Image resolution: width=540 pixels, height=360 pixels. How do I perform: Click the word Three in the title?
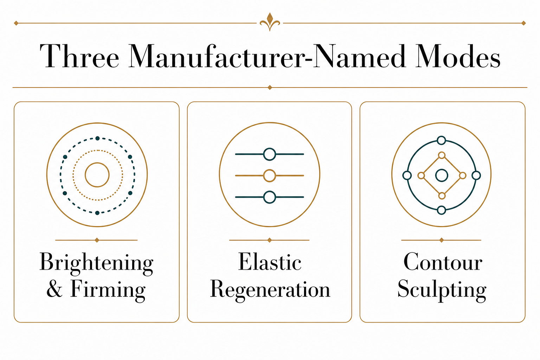pos(79,56)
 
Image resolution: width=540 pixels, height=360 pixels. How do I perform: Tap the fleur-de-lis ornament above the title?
pos(270,22)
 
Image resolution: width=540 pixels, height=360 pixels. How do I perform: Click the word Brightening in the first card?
pos(96,264)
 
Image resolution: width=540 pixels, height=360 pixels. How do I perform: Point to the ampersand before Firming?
pos(54,289)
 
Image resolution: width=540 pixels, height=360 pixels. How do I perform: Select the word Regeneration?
pos(270,290)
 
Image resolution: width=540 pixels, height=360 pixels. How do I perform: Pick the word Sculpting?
pos(442,290)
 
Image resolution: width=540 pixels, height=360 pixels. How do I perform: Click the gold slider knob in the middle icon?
pos(270,175)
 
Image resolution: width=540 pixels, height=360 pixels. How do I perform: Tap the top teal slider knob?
pos(270,154)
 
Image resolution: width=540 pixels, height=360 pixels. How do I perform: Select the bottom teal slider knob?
pos(270,197)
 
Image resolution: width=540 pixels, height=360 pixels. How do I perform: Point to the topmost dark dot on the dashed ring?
pos(97,138)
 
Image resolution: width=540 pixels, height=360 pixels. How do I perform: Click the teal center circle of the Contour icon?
pos(442,175)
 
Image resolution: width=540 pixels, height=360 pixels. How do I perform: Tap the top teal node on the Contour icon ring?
pos(442,140)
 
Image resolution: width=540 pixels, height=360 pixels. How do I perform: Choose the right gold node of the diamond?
pos(463,175)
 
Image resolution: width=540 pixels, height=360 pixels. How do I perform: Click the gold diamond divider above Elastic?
pos(270,240)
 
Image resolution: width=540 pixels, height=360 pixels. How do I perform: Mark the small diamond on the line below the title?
pos(270,87)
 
